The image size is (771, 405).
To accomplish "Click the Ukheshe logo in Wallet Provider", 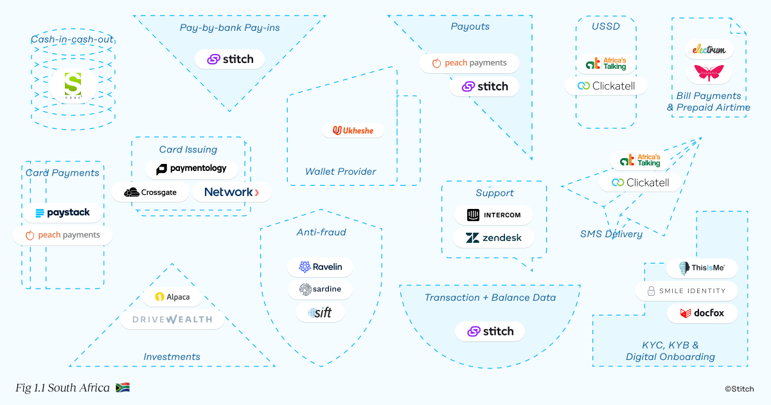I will (x=353, y=130).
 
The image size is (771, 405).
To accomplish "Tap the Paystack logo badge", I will (x=63, y=213).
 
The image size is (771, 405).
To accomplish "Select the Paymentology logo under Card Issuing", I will (x=191, y=169).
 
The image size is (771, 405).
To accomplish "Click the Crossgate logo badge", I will (x=150, y=192).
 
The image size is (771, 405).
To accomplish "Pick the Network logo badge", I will (x=231, y=192).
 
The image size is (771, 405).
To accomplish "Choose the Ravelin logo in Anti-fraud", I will (x=320, y=267).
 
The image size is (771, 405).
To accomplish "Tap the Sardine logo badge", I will (x=320, y=290).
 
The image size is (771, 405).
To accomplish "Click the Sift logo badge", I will (x=320, y=312).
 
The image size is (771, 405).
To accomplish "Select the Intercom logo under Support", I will (x=493, y=215).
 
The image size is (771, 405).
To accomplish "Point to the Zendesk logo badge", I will (x=493, y=238).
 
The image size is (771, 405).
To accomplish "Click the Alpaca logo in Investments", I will (x=172, y=298).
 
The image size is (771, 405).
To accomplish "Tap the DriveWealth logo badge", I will (x=172, y=319).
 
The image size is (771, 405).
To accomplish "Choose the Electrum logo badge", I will (x=709, y=49).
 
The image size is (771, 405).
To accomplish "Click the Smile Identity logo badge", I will (x=686, y=291).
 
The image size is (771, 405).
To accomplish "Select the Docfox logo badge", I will (x=702, y=314).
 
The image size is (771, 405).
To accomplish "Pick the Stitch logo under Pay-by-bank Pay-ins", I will (x=230, y=59).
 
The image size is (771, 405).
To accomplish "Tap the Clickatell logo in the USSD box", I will (x=606, y=85).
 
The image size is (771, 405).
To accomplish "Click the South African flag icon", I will (x=123, y=388).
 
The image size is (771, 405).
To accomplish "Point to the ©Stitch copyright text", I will (x=739, y=388).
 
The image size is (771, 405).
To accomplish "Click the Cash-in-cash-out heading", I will (x=72, y=40).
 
